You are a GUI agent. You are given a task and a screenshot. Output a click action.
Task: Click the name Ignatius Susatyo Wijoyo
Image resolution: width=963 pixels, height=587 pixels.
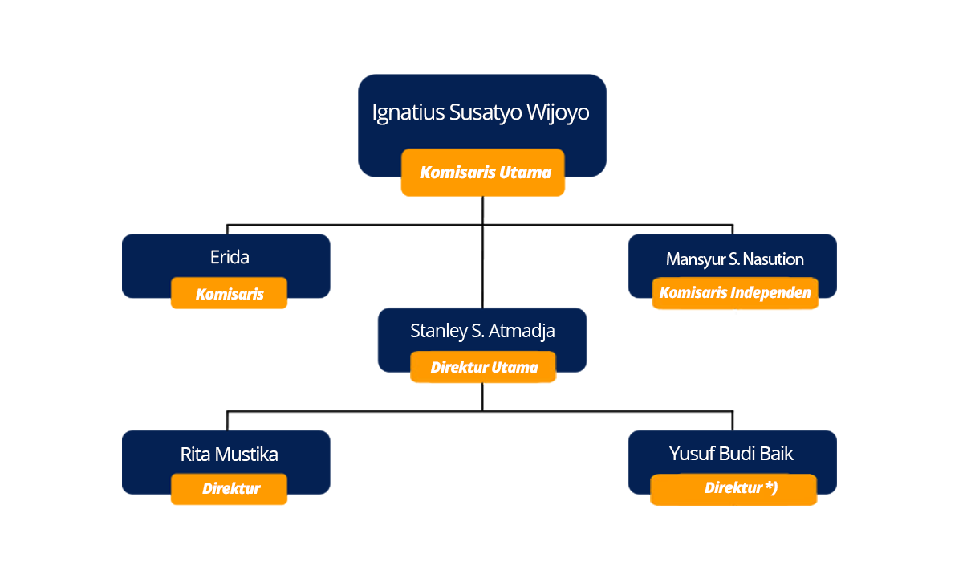(480, 112)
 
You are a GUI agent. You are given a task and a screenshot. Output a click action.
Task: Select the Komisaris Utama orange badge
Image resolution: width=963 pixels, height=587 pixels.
(483, 173)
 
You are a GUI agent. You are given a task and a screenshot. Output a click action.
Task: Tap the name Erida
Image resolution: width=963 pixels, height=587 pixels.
(230, 257)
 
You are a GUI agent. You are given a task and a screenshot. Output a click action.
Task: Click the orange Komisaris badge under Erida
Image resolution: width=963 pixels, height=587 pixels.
(230, 293)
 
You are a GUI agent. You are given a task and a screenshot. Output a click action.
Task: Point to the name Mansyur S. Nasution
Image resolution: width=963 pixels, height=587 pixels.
(735, 259)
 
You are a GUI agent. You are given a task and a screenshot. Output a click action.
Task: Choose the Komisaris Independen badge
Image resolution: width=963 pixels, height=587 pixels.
(735, 293)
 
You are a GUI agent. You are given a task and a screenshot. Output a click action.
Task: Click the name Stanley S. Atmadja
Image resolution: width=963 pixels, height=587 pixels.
(482, 331)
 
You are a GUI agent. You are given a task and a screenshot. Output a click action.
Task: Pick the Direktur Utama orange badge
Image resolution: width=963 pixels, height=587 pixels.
(483, 367)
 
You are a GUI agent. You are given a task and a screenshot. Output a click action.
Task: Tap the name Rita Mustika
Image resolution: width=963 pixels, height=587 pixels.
(230, 455)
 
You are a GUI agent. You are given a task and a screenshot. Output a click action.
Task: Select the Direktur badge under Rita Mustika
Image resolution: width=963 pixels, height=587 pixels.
(230, 489)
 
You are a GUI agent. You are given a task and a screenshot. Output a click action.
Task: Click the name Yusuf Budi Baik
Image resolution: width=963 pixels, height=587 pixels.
(731, 453)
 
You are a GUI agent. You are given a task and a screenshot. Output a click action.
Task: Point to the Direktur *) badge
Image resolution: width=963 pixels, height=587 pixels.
(733, 489)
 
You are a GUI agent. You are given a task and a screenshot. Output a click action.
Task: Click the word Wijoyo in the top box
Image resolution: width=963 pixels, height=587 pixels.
(558, 113)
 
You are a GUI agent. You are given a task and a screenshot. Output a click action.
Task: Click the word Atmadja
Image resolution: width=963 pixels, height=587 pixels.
(522, 332)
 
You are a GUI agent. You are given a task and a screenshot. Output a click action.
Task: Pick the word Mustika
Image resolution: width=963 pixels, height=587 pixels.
(253, 455)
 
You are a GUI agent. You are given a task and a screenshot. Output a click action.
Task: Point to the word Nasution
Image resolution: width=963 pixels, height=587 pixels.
(774, 259)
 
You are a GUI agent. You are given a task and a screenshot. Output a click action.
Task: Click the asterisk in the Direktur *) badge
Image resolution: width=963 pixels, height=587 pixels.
(769, 485)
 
